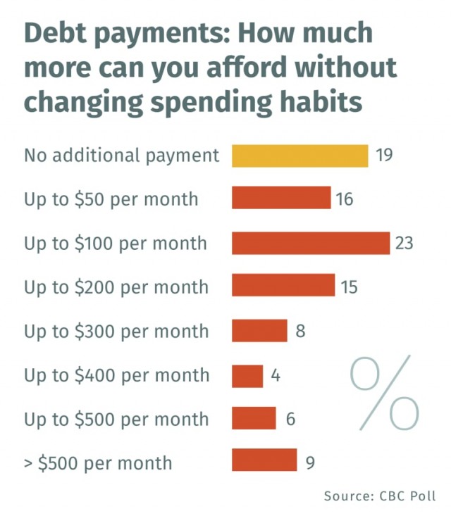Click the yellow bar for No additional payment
coord(299,156)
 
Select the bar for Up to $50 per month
coord(281,199)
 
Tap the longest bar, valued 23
coord(311,243)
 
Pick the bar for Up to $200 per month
coord(283,287)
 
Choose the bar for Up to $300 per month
coord(259,330)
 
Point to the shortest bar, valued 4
coord(247,375)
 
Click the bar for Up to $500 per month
coord(254,419)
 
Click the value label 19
coord(384,156)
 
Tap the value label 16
coord(344,199)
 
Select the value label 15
coord(349,287)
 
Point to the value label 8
coord(300,331)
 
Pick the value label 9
coord(310,462)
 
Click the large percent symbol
coord(385,394)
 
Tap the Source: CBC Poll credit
coord(380,496)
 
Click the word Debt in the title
coord(54,33)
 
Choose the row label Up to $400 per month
coord(116,375)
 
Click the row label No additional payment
coord(122,155)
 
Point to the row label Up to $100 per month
coord(116,244)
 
